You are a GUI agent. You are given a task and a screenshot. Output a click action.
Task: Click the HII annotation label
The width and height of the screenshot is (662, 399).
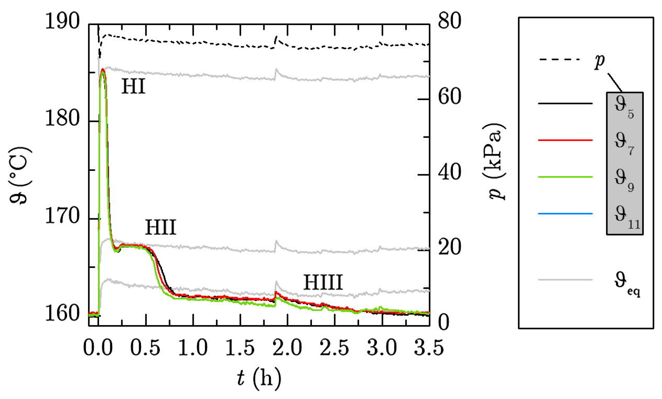click(161, 227)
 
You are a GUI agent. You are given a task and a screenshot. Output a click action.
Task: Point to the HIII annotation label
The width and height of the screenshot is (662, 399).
click(323, 282)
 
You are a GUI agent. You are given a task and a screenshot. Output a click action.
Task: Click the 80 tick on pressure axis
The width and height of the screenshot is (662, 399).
click(449, 21)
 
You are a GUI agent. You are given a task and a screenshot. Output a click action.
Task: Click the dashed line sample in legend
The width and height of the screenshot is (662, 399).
click(561, 59)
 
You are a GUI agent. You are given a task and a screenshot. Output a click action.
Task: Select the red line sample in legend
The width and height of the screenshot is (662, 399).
click(565, 140)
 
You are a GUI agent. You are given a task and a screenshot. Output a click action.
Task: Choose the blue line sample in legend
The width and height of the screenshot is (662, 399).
click(565, 214)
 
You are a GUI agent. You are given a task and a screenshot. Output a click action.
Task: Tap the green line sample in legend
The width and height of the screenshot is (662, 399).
click(565, 177)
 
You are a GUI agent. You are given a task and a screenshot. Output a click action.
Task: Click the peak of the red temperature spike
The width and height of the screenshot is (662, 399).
click(103, 69)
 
